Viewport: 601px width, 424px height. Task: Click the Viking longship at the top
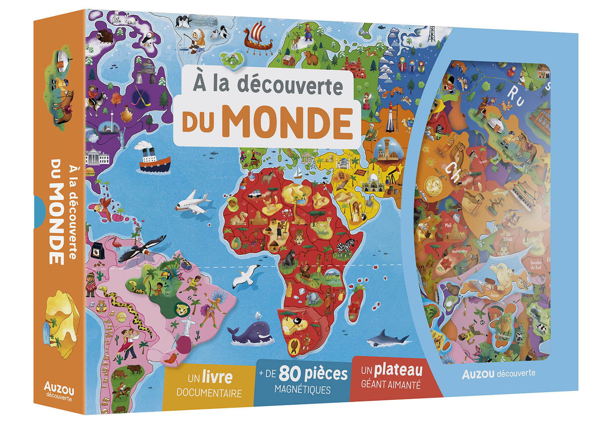(258, 38)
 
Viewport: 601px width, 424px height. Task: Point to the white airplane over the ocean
(193, 202)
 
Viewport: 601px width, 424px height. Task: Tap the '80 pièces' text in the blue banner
(313, 374)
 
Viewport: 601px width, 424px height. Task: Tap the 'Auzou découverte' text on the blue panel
(498, 374)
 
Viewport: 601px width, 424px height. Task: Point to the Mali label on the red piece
(448, 225)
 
